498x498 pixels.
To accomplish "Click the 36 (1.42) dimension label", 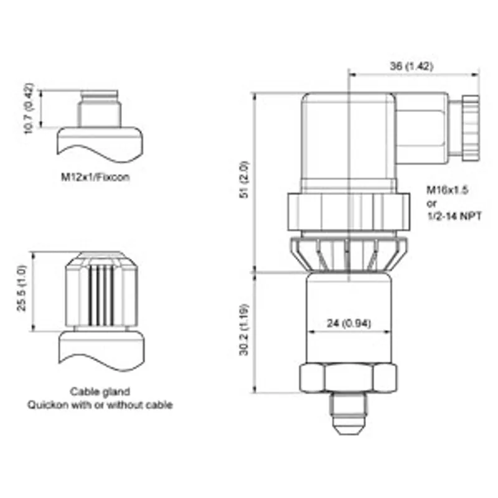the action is (x=411, y=66).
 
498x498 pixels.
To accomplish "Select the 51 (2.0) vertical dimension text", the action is (x=245, y=180).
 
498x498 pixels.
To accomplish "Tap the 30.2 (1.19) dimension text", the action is (x=244, y=330).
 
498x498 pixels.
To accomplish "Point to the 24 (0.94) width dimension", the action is (x=349, y=323).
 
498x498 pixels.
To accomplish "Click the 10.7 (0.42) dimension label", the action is (x=29, y=108).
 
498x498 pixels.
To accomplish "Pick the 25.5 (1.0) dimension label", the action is (x=22, y=289).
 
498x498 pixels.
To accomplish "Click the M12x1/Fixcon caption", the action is (x=95, y=177).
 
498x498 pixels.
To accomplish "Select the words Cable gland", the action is (x=100, y=392).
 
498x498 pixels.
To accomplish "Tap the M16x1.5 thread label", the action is (x=447, y=190).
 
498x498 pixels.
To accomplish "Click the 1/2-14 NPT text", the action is (x=454, y=216).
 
